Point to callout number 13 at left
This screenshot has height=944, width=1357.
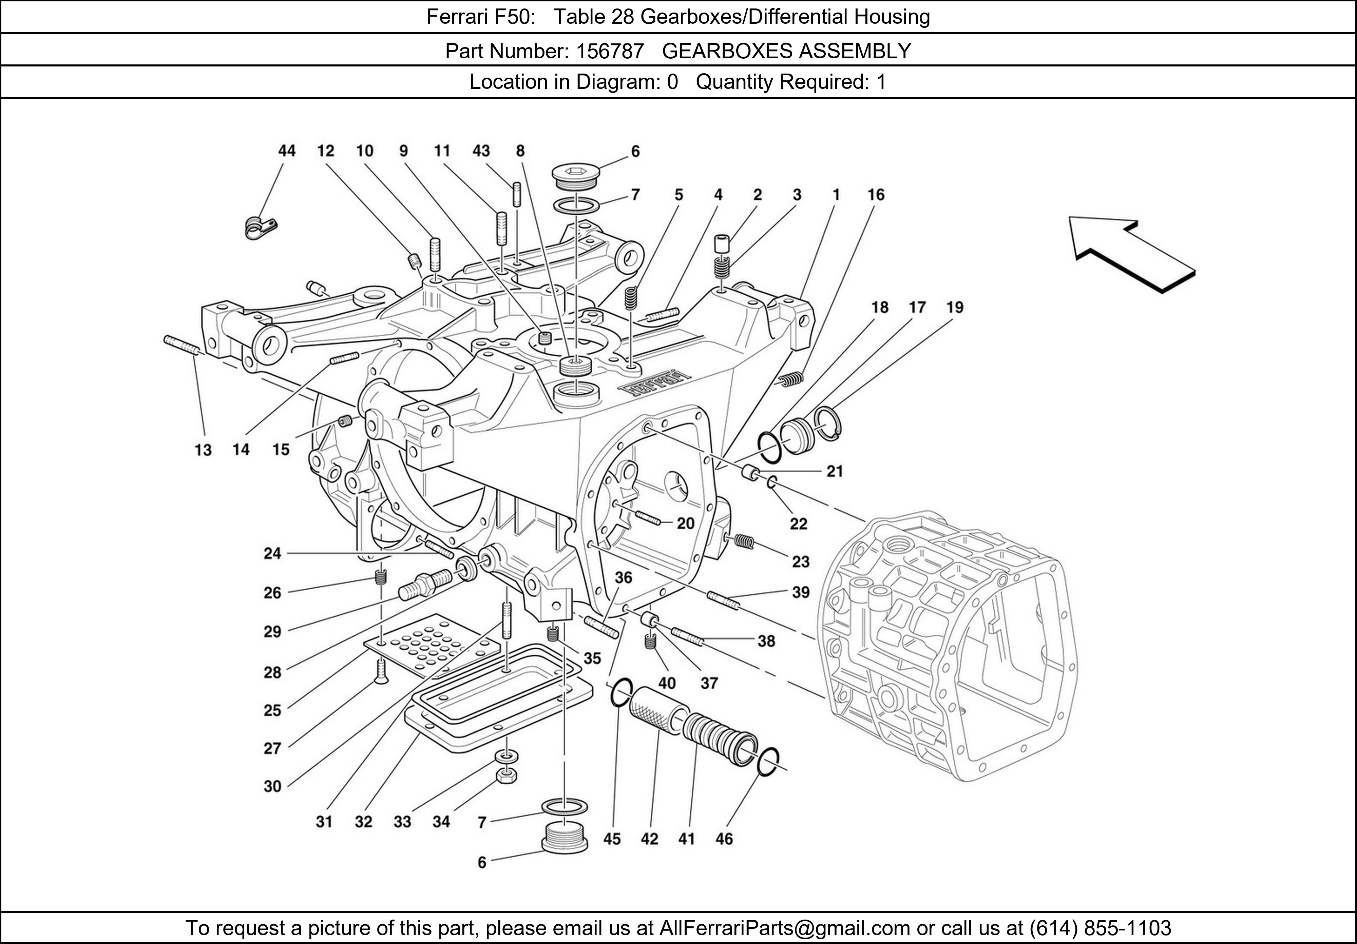pos(203,450)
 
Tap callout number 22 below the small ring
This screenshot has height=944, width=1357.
pos(799,524)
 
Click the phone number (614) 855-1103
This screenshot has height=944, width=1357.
pos(1100,928)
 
